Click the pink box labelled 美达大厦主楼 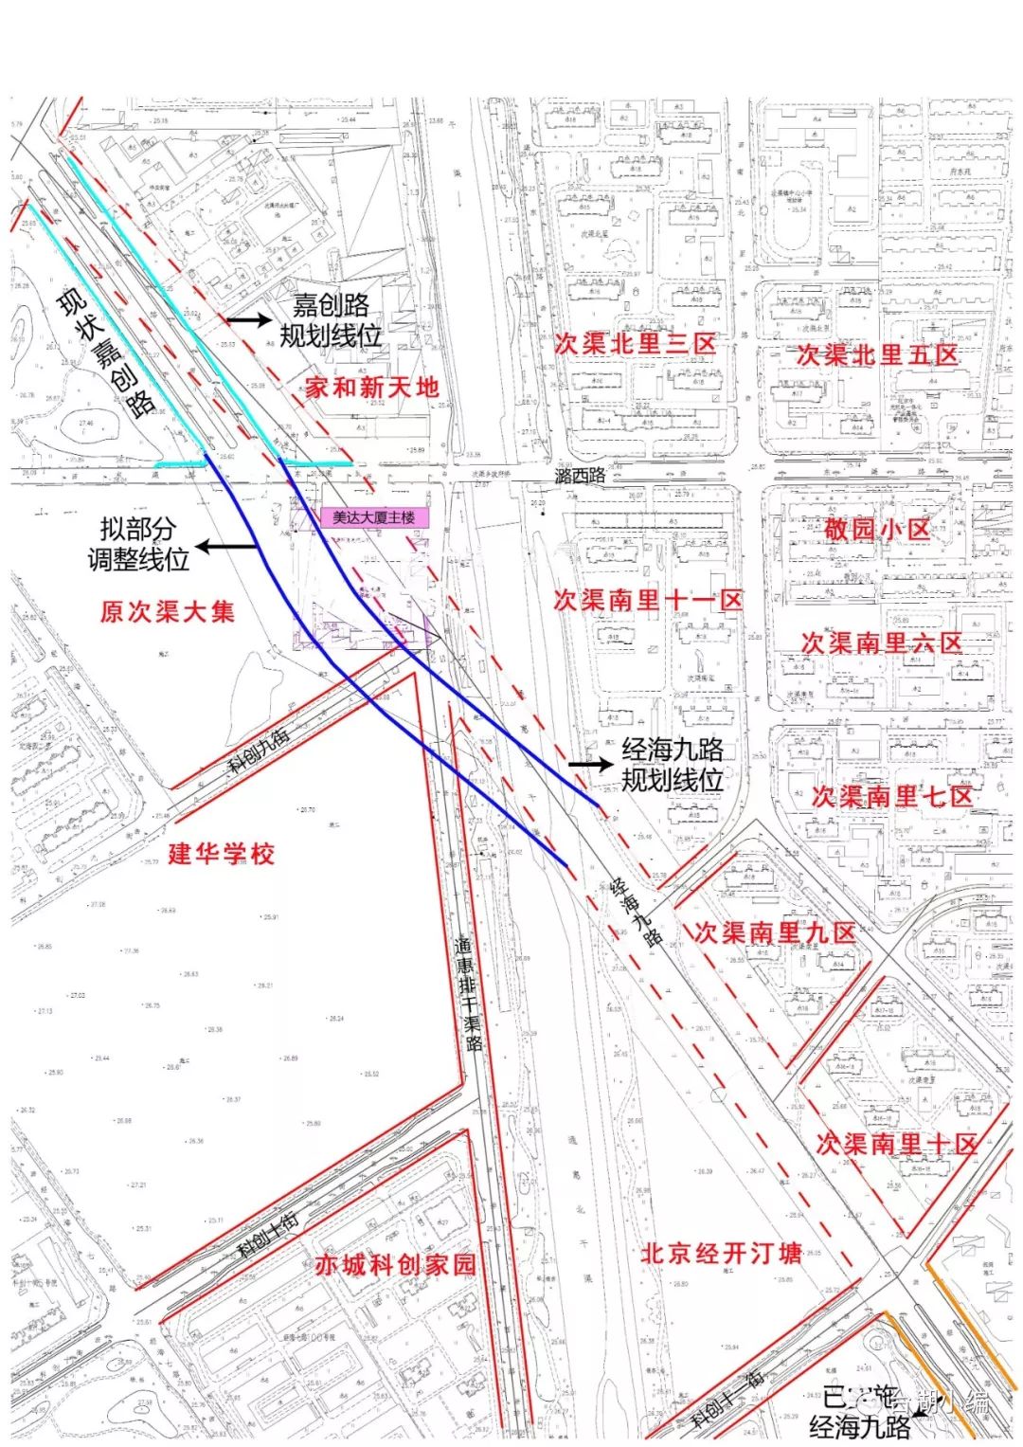point(374,517)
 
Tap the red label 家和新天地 point(372,387)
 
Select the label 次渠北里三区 point(635,343)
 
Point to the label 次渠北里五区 point(877,355)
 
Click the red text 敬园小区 point(876,529)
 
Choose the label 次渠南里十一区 point(648,600)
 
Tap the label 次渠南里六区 point(881,643)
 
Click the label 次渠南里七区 point(891,796)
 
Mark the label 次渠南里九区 point(775,932)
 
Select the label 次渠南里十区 point(896,1144)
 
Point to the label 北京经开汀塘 point(721,1253)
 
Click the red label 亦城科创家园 point(395,1265)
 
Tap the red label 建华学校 point(222,854)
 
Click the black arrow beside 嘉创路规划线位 point(247,320)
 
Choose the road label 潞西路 point(580,476)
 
